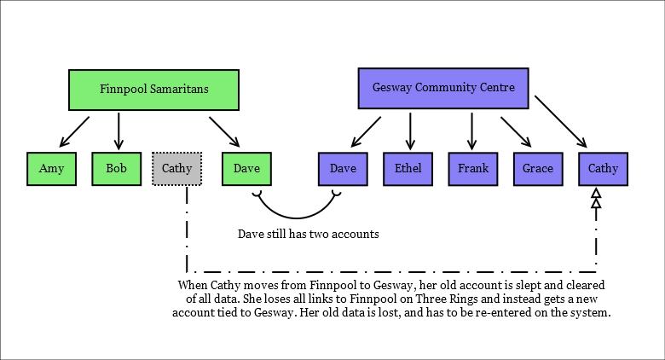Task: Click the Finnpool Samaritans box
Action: (154, 88)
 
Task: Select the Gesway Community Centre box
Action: (442, 88)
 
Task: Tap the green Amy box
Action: (51, 168)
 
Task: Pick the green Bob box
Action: (117, 168)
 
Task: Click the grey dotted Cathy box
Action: (177, 168)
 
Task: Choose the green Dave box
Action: (246, 168)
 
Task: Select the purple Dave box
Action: (343, 168)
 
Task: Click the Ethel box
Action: (408, 168)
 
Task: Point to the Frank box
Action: (473, 168)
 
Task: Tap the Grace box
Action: (538, 168)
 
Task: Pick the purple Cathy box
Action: (604, 168)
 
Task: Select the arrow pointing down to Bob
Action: (118, 130)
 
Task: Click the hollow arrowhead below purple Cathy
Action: (597, 200)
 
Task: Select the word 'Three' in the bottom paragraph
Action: (484, 299)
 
